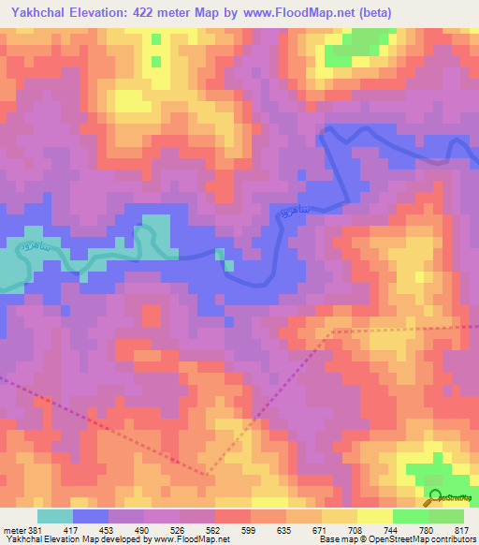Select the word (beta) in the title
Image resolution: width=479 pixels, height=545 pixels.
coord(371,12)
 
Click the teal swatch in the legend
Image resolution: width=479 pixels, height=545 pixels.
coord(55,516)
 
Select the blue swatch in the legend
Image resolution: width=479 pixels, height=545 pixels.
coord(91,516)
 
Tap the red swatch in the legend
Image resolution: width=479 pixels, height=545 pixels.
coord(232,516)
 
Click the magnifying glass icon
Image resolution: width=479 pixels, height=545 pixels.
coord(434,498)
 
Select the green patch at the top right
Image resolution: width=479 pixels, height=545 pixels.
coord(360,44)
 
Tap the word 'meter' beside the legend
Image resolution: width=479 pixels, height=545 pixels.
coord(14,529)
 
